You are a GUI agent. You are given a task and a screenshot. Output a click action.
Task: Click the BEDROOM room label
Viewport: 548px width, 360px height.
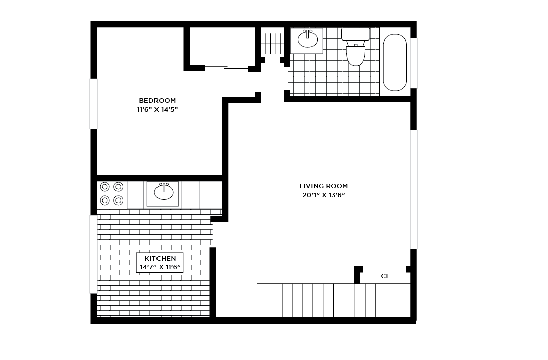pyautogui.click(x=157, y=100)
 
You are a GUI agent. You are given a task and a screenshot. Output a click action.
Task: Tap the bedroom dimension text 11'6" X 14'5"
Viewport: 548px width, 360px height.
pyautogui.click(x=157, y=109)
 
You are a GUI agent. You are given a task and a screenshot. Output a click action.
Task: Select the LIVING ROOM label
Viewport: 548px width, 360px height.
pyautogui.click(x=324, y=186)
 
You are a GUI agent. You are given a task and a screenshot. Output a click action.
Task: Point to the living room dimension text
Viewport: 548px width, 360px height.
pyautogui.click(x=324, y=195)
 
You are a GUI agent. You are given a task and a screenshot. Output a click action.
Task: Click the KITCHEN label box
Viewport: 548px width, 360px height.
pyautogui.click(x=160, y=262)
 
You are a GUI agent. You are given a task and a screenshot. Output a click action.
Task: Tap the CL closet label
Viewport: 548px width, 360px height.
pyautogui.click(x=385, y=276)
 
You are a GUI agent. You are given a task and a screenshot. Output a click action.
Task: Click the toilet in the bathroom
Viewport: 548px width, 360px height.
pyautogui.click(x=356, y=54)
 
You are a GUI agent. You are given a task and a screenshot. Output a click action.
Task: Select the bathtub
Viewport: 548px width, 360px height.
pyautogui.click(x=395, y=62)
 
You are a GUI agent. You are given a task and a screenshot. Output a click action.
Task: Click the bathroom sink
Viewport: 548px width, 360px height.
pyautogui.click(x=307, y=39)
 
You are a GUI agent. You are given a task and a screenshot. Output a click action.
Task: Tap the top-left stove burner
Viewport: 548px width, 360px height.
pyautogui.click(x=105, y=187)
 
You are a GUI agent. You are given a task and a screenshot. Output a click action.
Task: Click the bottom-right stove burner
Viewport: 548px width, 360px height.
pyautogui.click(x=119, y=201)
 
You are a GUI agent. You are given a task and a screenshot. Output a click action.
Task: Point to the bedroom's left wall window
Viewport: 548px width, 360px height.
pyautogui.click(x=93, y=104)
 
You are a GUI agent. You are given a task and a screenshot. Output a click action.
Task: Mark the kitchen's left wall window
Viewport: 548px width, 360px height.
pyautogui.click(x=93, y=254)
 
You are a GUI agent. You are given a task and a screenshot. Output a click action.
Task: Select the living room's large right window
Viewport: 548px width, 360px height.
pyautogui.click(x=414, y=189)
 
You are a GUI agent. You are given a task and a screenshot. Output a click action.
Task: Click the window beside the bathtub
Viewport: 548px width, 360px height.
pyautogui.click(x=414, y=63)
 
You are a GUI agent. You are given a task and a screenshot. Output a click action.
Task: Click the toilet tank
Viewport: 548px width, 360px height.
pyautogui.click(x=356, y=34)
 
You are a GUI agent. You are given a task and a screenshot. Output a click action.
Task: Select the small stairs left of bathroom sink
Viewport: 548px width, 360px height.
pyautogui.click(x=272, y=44)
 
